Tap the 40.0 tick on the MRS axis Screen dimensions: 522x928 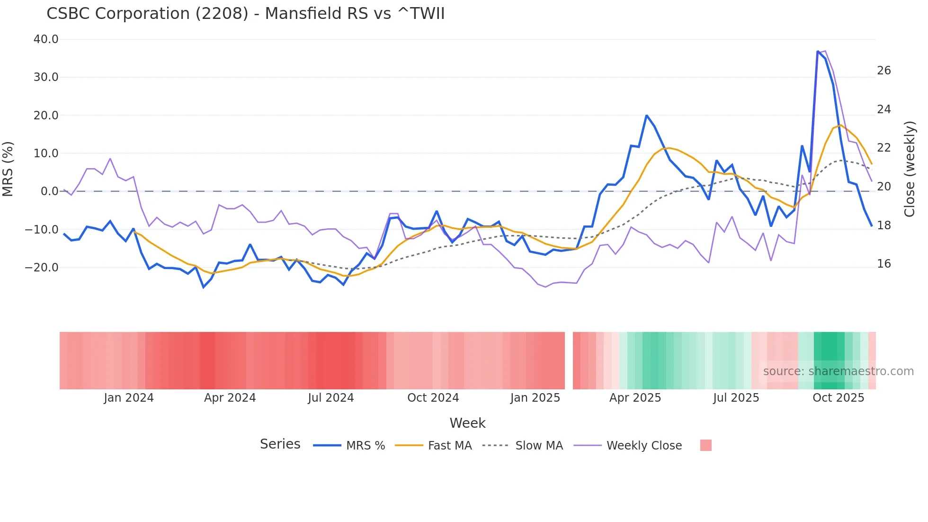click(46, 39)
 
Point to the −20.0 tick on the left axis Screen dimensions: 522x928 click(42, 268)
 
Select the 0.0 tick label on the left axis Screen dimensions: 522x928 click(50, 191)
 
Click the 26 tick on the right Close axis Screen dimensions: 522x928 click(883, 71)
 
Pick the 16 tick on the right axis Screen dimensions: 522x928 click(883, 264)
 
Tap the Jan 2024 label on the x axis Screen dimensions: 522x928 click(129, 398)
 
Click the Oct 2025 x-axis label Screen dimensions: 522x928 click(838, 398)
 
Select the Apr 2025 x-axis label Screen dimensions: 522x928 click(635, 398)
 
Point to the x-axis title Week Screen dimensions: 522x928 click(467, 423)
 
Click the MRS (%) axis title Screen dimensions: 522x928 click(8, 169)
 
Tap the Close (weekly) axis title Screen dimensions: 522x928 click(910, 169)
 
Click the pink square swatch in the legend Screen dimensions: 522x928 click(705, 445)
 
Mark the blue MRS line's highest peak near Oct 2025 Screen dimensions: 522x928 click(818, 51)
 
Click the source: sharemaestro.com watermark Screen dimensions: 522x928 click(838, 371)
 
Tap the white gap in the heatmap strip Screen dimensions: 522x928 click(569, 360)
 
